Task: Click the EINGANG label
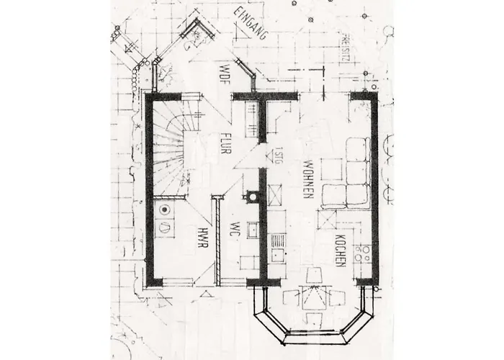pyautogui.click(x=251, y=24)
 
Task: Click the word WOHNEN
pyautogui.click(x=307, y=179)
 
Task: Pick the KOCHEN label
pyautogui.click(x=341, y=251)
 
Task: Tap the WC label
pyautogui.click(x=233, y=230)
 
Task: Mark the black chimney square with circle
pyautogui.click(x=251, y=195)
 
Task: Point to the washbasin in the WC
pyautogui.click(x=253, y=230)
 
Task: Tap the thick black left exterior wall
pyautogui.click(x=149, y=187)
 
